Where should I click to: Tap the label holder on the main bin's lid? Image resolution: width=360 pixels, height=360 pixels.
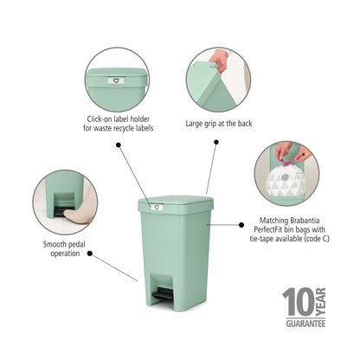tap(156, 207)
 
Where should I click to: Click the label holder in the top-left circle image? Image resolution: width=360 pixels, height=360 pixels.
tap(115, 80)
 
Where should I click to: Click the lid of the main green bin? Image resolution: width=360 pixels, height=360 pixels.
tap(176, 204)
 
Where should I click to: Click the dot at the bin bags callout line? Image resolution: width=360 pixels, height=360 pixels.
tap(241, 223)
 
